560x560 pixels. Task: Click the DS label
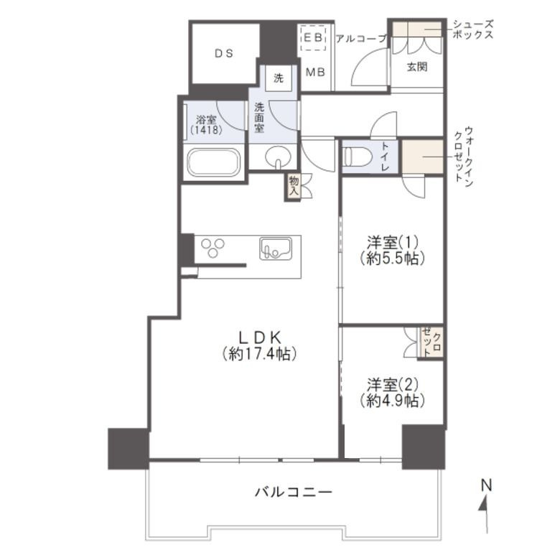pos(224,54)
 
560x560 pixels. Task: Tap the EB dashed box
pos(313,37)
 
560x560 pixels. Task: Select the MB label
pos(315,73)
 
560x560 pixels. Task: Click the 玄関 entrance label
pos(417,67)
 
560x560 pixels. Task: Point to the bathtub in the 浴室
pos(214,162)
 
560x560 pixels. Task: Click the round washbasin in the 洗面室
pos(279,157)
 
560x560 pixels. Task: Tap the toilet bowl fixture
pos(358,157)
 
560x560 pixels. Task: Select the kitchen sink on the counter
pos(276,248)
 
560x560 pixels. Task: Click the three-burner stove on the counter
pos(213,248)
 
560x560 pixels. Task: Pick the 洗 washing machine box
pos(279,78)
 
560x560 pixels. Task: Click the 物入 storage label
pos(294,186)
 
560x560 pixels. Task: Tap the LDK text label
pos(260,337)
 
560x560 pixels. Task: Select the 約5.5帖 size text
pos(393,258)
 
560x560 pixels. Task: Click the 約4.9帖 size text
pos(393,401)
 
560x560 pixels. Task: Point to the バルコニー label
pos(294,493)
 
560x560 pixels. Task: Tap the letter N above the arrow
pos(487,485)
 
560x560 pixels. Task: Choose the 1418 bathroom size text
pos(207,130)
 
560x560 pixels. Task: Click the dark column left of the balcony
pos(129,449)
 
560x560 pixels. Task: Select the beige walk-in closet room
pos(423,157)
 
